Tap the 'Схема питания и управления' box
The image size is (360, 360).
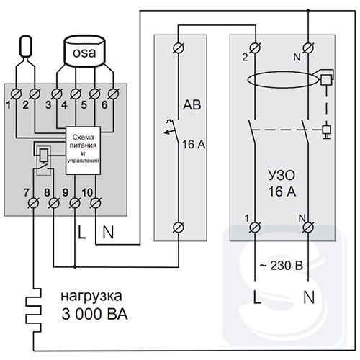click(x=83, y=150)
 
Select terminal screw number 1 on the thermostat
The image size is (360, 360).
click(x=17, y=94)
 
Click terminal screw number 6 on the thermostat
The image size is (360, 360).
click(x=113, y=94)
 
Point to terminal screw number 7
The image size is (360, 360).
click(x=33, y=204)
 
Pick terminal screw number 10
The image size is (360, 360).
click(x=96, y=203)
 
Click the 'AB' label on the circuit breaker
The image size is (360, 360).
click(x=192, y=105)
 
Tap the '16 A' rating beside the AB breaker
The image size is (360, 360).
click(x=194, y=145)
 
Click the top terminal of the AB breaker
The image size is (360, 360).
click(x=179, y=48)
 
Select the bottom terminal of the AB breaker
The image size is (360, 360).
click(x=179, y=228)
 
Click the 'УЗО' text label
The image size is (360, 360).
click(x=282, y=176)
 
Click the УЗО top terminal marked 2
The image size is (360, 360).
click(x=255, y=48)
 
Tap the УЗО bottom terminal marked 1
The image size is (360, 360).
click(x=255, y=228)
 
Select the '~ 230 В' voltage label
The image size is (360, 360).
click(x=281, y=266)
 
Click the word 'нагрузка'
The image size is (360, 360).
click(x=91, y=297)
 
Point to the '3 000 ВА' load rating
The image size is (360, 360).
click(x=94, y=314)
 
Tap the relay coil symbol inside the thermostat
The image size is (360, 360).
click(x=44, y=154)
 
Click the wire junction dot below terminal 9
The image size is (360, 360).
click(x=75, y=266)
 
